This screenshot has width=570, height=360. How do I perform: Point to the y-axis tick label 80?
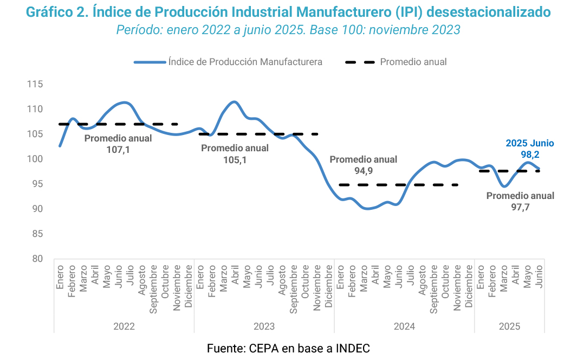coord(37,259)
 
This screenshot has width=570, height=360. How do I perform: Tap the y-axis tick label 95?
coord(37,184)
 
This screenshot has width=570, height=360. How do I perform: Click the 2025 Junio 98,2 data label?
coord(529,149)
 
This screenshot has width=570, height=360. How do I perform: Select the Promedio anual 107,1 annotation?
coord(118,144)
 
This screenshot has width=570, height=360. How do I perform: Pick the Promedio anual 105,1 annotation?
coord(235,153)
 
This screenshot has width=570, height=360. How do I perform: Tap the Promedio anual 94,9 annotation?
coord(363,165)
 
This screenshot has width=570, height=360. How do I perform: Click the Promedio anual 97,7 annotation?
coord(520,201)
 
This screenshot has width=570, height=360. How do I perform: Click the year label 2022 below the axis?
coord(124,326)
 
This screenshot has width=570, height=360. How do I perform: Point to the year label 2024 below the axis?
coord(404,326)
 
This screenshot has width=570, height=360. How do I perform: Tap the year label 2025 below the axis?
coord(509,326)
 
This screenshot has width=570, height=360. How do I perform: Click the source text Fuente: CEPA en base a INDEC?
coord(288,349)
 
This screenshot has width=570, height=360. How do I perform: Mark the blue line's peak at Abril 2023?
coord(234,102)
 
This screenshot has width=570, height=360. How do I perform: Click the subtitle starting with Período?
coord(288,30)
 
